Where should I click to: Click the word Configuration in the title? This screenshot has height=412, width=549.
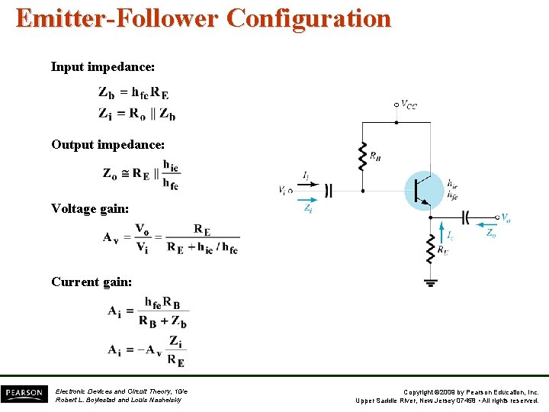309,18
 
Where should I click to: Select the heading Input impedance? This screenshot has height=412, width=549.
103,67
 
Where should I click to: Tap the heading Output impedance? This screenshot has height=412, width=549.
108,144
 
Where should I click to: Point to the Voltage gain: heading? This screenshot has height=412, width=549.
90,208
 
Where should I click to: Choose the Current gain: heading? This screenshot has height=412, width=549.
91,282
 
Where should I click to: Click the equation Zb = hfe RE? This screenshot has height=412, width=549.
134,93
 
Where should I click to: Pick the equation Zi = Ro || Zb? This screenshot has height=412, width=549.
136,114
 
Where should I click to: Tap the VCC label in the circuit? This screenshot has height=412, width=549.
409,105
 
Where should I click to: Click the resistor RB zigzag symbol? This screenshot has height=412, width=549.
362,156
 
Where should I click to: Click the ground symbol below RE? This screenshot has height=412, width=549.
431,282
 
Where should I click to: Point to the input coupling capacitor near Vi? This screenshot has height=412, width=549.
329,190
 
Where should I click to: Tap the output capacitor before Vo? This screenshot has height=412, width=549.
467,217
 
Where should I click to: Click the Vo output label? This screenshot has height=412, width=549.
506,217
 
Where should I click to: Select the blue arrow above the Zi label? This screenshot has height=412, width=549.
308,199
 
